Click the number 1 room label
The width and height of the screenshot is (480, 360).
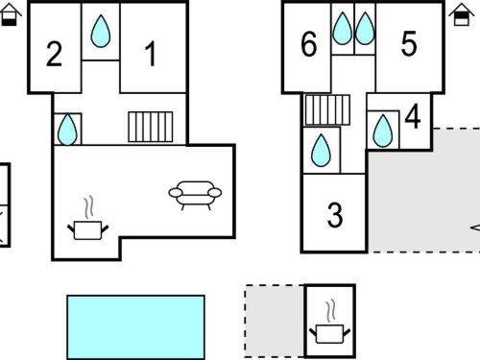151,54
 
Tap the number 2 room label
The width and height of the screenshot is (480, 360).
54,54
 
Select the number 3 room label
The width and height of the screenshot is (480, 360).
335,215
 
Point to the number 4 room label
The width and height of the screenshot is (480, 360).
413,116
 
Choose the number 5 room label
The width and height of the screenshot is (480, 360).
409,43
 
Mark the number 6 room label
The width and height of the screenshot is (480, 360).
309,44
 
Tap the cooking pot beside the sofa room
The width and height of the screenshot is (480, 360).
88,222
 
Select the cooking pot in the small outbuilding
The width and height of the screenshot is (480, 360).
330,324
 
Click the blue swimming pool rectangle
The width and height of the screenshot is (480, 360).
136,327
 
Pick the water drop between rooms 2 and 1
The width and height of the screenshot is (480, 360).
101,31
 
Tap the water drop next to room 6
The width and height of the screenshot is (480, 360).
343,29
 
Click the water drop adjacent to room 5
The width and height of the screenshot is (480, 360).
365,29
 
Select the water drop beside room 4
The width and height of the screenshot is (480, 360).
383,131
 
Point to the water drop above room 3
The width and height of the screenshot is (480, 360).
321,151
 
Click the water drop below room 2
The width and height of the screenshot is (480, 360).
67,130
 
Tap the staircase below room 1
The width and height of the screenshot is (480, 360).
151,127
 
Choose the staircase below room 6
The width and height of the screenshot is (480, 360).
327,109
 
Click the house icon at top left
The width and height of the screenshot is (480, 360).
10,14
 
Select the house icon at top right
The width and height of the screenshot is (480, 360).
461,14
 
